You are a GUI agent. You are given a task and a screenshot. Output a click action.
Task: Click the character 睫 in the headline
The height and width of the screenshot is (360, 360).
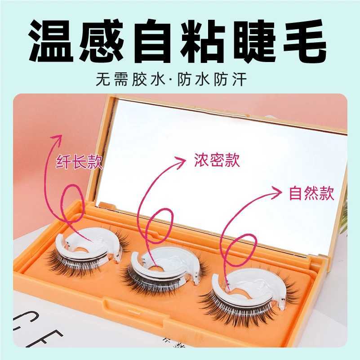(253, 41)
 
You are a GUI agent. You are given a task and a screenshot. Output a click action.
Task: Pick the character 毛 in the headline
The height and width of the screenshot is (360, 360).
(304, 41)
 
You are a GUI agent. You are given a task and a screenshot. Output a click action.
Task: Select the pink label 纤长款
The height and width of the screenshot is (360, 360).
(79, 161)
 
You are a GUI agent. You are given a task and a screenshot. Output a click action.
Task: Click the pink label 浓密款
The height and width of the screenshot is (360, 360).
(217, 160)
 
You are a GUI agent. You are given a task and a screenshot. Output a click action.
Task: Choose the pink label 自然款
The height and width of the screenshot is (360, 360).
(311, 193)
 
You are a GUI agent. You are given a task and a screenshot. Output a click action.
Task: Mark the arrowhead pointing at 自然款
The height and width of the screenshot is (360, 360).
(277, 192)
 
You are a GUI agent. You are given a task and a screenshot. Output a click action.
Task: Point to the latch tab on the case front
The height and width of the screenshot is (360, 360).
(134, 311)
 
